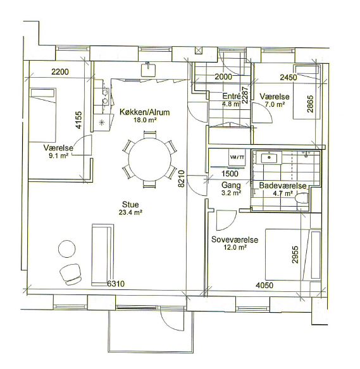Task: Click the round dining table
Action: (x=150, y=160)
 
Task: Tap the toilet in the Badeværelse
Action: (x=301, y=198)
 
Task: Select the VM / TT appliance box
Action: (x=237, y=157)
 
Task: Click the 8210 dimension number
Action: (x=182, y=179)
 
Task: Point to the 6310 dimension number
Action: (x=116, y=284)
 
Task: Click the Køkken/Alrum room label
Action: (x=145, y=112)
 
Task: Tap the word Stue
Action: (x=130, y=204)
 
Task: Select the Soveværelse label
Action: (x=235, y=239)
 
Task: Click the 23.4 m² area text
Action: (x=130, y=212)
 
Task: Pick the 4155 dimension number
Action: (x=79, y=120)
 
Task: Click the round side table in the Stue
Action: (x=67, y=249)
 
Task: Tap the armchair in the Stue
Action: (x=71, y=274)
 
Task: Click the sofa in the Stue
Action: (x=102, y=255)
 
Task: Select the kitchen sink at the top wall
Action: (x=149, y=70)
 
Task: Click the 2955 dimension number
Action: (x=295, y=255)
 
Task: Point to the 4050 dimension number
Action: (x=264, y=286)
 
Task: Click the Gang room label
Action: (x=231, y=185)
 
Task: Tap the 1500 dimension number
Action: (x=230, y=174)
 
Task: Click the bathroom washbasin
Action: (x=269, y=158)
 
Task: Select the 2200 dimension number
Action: (x=60, y=71)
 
